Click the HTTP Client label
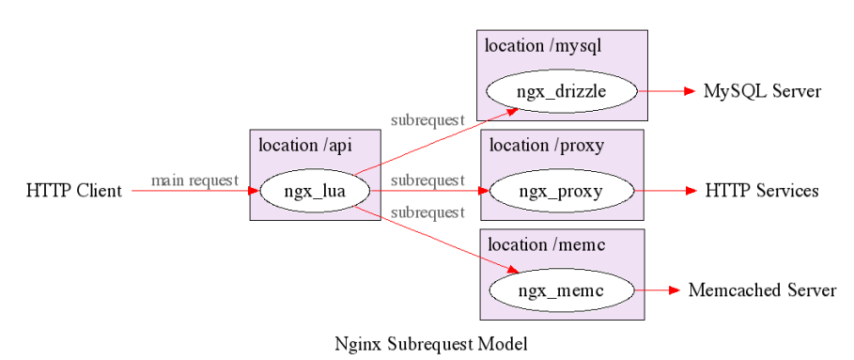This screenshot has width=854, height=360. click(x=74, y=192)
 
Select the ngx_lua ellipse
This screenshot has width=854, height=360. click(x=315, y=192)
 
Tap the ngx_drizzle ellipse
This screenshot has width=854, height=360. click(x=562, y=91)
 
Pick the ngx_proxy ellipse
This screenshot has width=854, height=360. click(x=562, y=192)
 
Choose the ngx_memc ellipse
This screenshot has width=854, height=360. click(x=562, y=290)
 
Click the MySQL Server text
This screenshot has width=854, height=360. click(x=763, y=91)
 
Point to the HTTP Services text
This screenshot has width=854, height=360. click(x=762, y=192)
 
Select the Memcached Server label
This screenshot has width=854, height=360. click(x=762, y=290)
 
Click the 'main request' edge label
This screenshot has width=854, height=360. click(x=194, y=180)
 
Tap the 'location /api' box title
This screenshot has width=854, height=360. click(x=306, y=146)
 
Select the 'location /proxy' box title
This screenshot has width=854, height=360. click(x=546, y=146)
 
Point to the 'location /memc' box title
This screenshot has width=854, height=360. click(x=545, y=245)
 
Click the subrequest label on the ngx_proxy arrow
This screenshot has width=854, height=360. click(x=427, y=180)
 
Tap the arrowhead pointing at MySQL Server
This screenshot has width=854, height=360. click(x=689, y=91)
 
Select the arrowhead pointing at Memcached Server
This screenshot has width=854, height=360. click(x=673, y=290)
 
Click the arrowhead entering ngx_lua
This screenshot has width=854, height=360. click(x=253, y=192)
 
